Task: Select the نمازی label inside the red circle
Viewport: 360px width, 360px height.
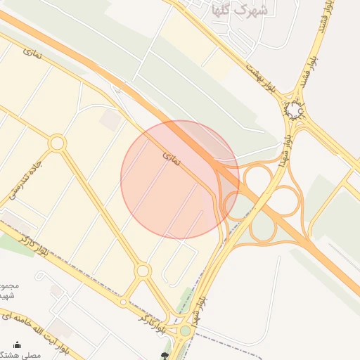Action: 172,159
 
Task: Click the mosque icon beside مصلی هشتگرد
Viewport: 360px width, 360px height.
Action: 17,345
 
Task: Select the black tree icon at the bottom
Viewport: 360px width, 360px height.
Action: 165,356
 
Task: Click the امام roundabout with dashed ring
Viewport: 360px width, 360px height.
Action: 292,111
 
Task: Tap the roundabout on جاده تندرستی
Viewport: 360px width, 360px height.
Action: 57,143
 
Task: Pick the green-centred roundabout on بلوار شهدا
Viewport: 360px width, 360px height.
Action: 185,330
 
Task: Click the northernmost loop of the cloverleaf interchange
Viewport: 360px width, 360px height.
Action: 257,177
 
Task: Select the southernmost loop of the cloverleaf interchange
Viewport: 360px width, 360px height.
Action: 263,229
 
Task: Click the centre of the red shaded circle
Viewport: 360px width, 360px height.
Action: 180,179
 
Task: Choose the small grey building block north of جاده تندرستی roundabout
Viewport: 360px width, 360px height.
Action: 109,120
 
